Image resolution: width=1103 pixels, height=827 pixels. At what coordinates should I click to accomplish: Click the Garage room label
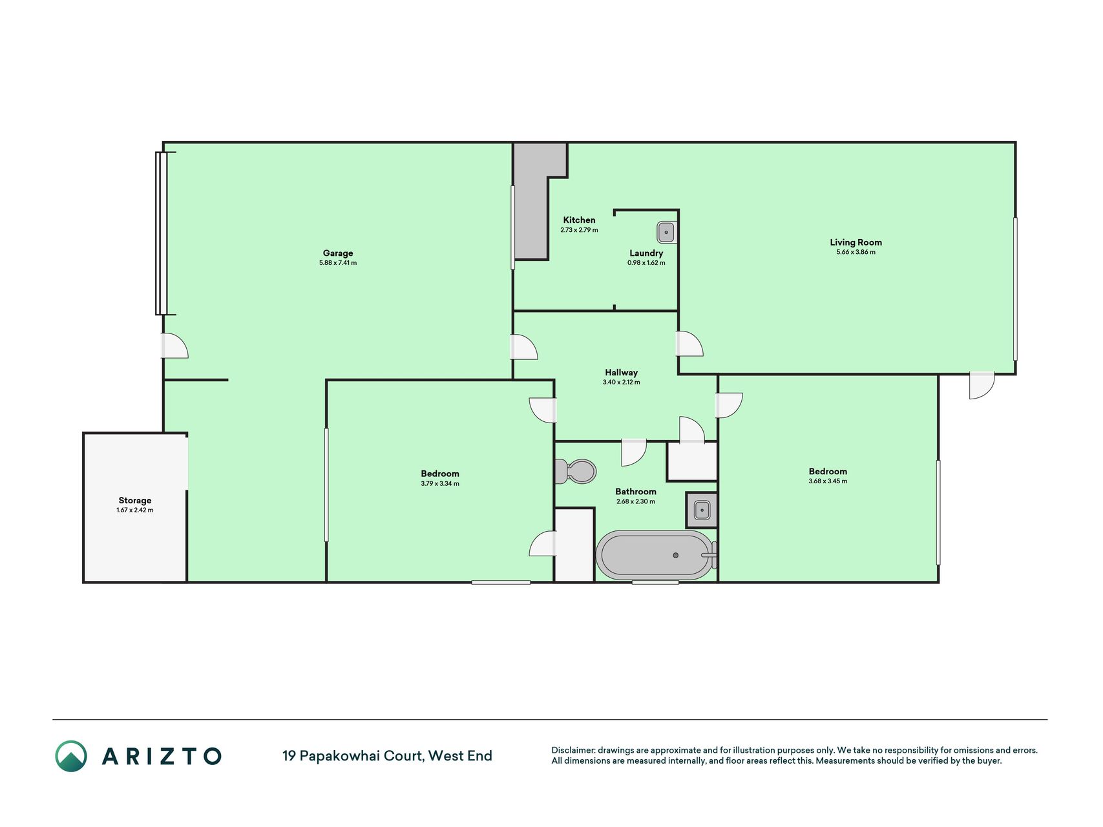point(338,253)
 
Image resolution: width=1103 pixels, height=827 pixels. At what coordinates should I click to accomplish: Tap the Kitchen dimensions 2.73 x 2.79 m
point(579,230)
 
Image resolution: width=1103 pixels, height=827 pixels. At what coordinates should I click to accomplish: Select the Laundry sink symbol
point(666,231)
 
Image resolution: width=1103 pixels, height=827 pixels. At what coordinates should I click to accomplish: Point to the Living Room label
point(856,242)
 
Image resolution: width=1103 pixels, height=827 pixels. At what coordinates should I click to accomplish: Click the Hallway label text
point(621,372)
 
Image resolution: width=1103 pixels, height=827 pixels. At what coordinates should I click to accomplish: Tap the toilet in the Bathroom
point(575,472)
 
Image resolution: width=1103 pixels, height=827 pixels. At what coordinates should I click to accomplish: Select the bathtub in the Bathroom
point(656,555)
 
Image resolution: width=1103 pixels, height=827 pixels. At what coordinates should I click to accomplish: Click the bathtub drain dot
point(676,555)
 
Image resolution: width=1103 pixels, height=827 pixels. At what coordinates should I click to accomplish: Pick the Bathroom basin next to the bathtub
point(702,510)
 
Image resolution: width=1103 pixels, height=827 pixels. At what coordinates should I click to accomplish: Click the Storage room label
point(135,500)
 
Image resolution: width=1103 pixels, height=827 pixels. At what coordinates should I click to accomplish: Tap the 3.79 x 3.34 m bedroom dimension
point(440,484)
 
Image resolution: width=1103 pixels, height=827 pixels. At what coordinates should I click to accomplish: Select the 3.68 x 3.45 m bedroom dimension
point(828,481)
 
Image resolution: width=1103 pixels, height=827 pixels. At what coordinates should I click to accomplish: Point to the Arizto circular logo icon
point(71,756)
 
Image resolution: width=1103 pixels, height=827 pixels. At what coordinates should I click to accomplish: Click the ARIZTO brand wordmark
point(162,756)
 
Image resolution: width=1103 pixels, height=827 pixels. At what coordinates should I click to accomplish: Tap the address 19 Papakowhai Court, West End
point(387,756)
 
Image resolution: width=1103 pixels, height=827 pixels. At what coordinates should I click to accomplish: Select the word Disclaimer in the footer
point(573,750)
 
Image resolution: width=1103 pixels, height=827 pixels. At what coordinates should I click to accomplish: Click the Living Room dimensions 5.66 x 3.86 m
point(856,252)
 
